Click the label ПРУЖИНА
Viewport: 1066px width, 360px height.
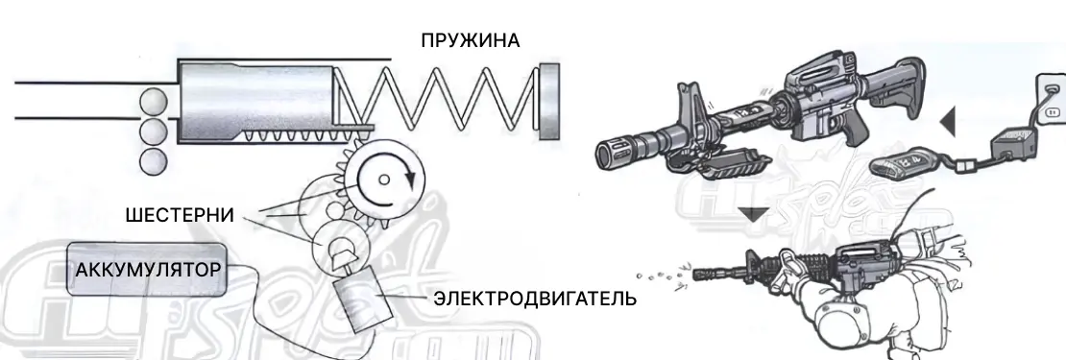pyautogui.click(x=470, y=40)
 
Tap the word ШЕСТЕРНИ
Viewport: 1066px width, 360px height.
pyautogui.click(x=180, y=216)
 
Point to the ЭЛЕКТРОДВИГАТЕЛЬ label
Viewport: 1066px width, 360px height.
pyautogui.click(x=535, y=299)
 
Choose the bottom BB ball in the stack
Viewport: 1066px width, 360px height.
pyautogui.click(x=153, y=161)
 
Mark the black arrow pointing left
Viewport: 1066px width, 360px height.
pyautogui.click(x=948, y=124)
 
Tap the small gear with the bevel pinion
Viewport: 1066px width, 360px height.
pyautogui.click(x=338, y=248)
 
